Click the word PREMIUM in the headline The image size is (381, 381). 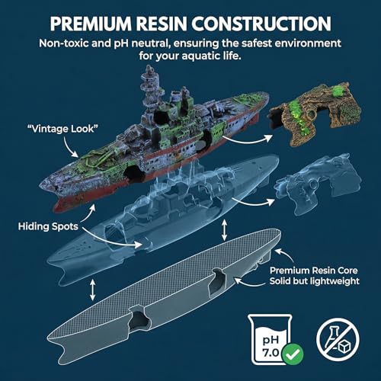tap(91, 24)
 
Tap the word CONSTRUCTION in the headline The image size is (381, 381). tap(261, 24)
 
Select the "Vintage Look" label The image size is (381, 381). tap(62, 129)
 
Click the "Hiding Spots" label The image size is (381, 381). tap(48, 226)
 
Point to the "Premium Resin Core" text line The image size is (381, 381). tap(314, 271)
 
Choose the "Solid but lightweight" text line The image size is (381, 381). tap(315, 281)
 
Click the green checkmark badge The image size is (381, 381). tap(293, 354)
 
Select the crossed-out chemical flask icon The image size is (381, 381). tap(338, 339)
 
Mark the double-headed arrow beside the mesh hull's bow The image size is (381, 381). tap(93, 290)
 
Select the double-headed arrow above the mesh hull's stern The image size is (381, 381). tap(224, 230)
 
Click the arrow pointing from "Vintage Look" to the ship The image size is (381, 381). tap(69, 148)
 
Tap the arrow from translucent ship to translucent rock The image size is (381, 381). tap(253, 203)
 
